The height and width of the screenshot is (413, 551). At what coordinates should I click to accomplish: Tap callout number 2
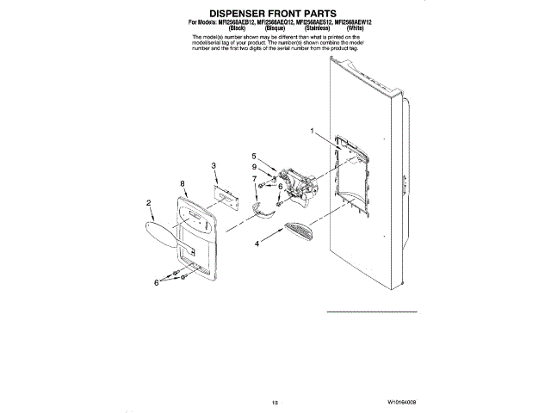click(x=149, y=203)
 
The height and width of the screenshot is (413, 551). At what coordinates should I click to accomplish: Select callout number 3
click(x=214, y=164)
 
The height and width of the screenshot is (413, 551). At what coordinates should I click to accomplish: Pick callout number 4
click(x=257, y=243)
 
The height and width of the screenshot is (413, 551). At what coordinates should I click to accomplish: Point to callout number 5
click(x=254, y=156)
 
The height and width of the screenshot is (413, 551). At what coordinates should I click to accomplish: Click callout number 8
click(x=183, y=183)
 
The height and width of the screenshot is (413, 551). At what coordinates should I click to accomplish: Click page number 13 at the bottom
click(x=275, y=402)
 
